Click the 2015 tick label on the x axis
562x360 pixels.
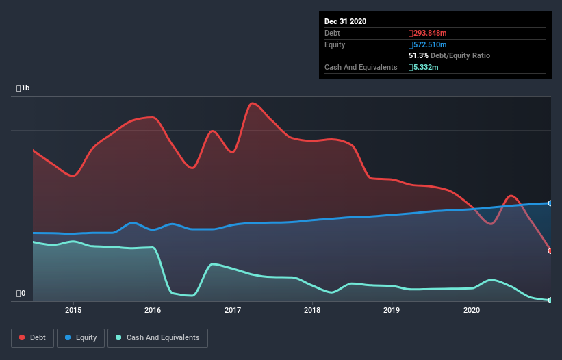click(73, 310)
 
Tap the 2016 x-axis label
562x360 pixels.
click(153, 310)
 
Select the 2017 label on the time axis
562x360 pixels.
click(233, 310)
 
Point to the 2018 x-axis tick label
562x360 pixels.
click(312, 310)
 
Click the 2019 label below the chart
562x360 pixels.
click(392, 310)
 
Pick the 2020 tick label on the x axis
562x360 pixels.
click(472, 310)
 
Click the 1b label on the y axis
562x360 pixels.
click(23, 88)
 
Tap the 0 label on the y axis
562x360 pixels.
click(21, 294)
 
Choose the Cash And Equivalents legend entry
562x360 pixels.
click(157, 337)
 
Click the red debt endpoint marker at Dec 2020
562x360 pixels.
click(550, 250)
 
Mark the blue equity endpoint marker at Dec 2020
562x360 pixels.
click(550, 203)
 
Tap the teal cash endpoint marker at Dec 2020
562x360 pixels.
click(550, 300)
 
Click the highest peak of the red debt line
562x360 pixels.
click(252, 103)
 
